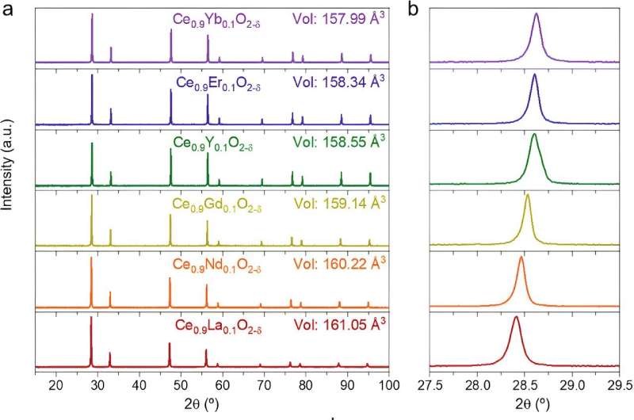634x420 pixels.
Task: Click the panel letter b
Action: click(x=414, y=10)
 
